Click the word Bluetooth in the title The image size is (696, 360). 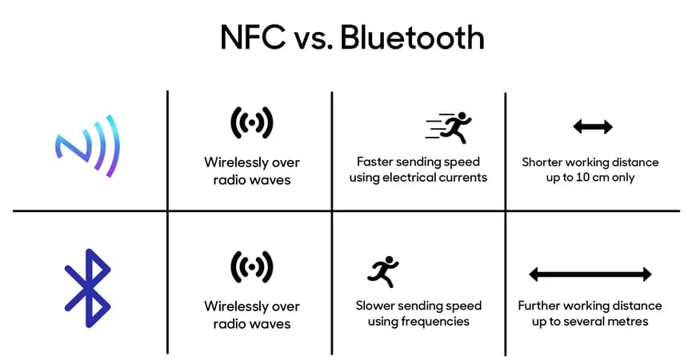pyautogui.click(x=412, y=38)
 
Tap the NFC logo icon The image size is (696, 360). pyautogui.click(x=89, y=145)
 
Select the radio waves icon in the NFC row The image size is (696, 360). pyautogui.click(x=252, y=122)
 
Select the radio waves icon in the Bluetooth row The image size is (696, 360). pyautogui.click(x=252, y=266)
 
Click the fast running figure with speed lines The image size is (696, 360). pyautogui.click(x=448, y=126)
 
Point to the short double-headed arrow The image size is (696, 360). pyautogui.click(x=593, y=126)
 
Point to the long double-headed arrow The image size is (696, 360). pyautogui.click(x=590, y=274)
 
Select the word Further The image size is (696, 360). pyautogui.click(x=541, y=306)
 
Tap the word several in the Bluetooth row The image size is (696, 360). pyautogui.click(x=583, y=322)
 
